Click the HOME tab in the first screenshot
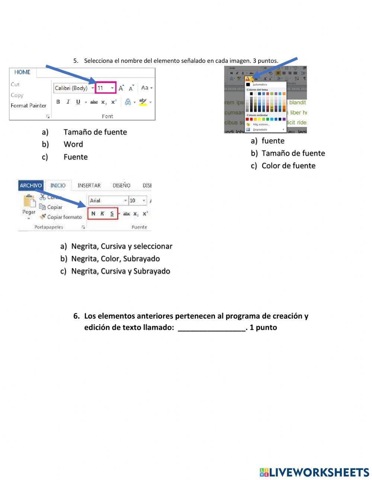point(22,72)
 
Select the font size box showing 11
point(105,88)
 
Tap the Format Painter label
point(28,106)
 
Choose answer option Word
point(73,144)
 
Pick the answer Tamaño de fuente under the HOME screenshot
point(95,132)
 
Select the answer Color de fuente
point(288,166)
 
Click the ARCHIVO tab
point(31,186)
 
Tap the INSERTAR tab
point(89,186)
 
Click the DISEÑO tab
point(121,186)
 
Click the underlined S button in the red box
point(112,214)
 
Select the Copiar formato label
point(64,217)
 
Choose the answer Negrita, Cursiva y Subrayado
point(121,271)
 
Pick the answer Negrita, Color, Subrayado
point(115,259)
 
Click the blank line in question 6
point(212,328)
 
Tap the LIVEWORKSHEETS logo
point(314,472)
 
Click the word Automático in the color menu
point(260,85)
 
